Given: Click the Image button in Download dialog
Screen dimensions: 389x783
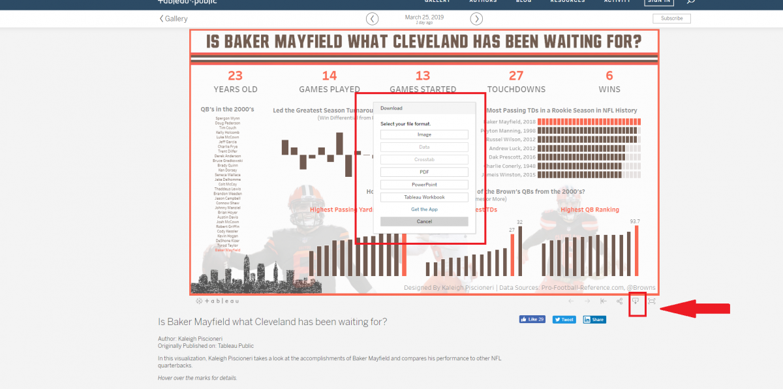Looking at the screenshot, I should (424, 134).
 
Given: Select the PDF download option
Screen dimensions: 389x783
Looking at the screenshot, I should (424, 172).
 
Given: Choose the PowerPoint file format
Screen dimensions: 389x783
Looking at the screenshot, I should (424, 185).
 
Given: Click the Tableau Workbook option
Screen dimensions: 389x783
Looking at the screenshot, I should (424, 197).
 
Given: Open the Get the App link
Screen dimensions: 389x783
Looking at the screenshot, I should (424, 210).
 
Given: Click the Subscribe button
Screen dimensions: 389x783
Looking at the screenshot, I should (671, 18).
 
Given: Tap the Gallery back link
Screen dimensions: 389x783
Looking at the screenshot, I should (174, 19).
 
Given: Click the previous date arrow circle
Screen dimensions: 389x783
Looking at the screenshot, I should (372, 19).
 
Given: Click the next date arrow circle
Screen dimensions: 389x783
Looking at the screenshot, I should (477, 19).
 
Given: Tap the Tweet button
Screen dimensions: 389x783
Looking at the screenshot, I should (564, 320).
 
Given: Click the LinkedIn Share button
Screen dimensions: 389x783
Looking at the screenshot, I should (594, 320).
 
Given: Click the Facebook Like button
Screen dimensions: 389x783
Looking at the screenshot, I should (532, 320).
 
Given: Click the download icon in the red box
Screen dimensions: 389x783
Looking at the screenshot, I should (636, 301).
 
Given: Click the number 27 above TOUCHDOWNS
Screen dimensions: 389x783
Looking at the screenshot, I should (516, 76).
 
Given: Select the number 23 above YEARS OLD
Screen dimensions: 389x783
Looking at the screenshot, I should (235, 76).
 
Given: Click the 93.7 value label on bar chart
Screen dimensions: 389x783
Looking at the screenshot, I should (634, 221).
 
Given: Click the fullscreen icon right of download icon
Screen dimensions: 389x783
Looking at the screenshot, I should (651, 301).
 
